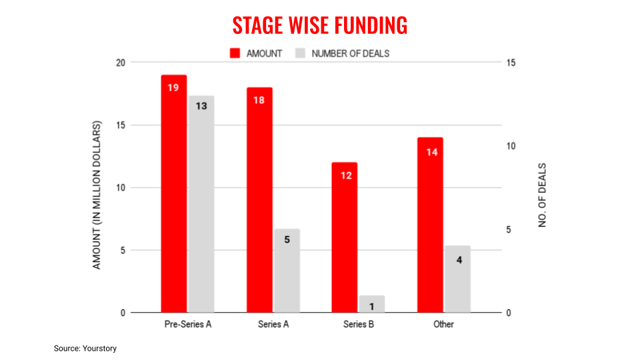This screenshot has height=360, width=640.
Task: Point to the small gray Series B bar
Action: [x=372, y=304]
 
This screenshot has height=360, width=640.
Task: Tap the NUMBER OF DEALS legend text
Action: [x=350, y=53]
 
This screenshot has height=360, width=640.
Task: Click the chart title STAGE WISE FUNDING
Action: [x=319, y=25]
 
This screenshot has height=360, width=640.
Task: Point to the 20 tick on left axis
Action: [x=119, y=63]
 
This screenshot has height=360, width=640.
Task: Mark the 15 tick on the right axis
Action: [x=511, y=63]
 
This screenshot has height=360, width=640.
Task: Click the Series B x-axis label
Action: [x=359, y=325]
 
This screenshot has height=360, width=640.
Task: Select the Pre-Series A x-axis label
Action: [x=187, y=325]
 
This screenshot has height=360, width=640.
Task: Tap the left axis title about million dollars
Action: [x=97, y=195]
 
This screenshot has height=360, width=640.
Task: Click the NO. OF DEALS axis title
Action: [x=542, y=195]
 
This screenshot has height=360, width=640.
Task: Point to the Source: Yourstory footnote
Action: [x=85, y=348]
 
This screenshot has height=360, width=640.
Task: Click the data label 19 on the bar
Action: [x=173, y=87]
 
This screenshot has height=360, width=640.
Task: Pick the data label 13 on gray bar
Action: [x=201, y=105]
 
